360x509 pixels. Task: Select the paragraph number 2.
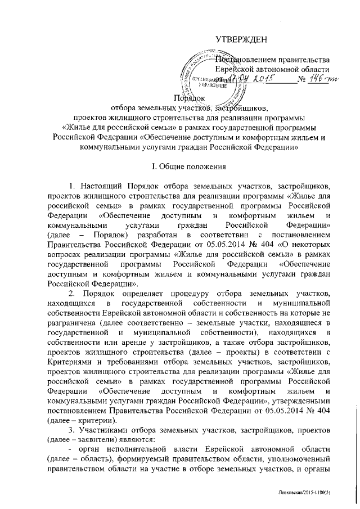click(70, 294)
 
